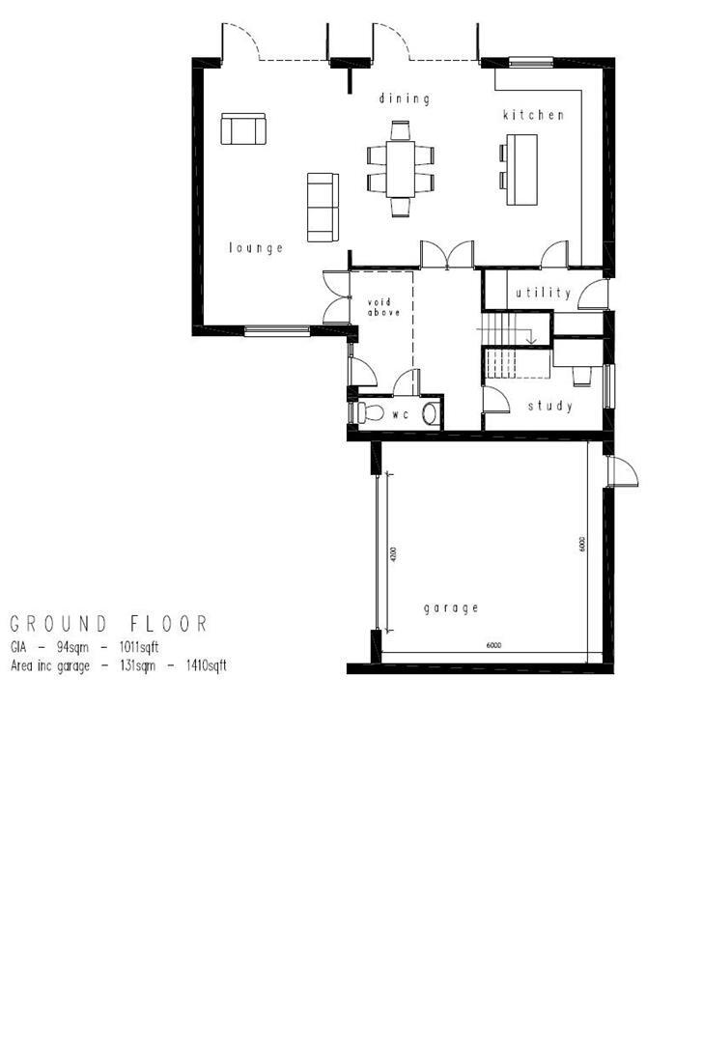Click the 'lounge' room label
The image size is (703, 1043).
click(x=256, y=248)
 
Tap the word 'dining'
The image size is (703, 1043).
click(x=403, y=99)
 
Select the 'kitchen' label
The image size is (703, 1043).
click(x=532, y=115)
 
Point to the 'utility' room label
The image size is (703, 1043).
click(x=543, y=293)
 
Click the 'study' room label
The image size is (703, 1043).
click(x=549, y=407)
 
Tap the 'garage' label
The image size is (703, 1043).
click(x=451, y=608)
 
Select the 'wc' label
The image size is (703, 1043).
click(x=400, y=413)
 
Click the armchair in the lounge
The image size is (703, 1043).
click(x=242, y=128)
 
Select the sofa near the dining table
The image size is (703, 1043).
click(x=322, y=207)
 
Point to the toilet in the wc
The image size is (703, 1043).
click(x=368, y=413)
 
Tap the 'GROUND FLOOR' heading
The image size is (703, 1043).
click(x=108, y=624)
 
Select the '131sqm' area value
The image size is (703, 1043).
click(x=133, y=665)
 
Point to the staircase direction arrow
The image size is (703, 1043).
click(x=529, y=338)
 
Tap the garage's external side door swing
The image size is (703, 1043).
click(x=624, y=472)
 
